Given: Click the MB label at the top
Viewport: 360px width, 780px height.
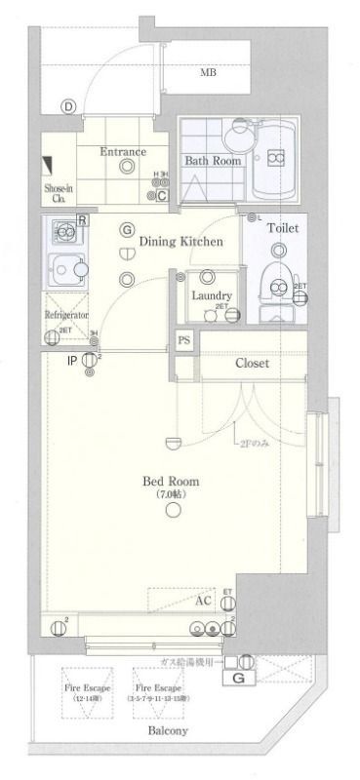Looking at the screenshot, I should coord(209,73).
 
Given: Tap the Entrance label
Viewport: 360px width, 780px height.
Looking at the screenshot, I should coord(123,152).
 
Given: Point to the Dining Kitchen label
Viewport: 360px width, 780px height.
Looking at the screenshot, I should coord(180,241).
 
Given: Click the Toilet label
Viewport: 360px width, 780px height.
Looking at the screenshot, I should coord(283,228).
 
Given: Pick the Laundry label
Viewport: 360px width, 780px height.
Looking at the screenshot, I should coord(211,295).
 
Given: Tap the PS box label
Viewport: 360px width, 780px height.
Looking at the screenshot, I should coord(183,340).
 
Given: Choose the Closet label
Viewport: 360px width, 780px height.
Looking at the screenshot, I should coord(252,364).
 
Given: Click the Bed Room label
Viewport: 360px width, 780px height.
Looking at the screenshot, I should coord(171,482).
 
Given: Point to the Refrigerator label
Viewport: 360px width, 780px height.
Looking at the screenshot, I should coord(66,316).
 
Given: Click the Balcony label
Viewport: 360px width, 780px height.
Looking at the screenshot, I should coord(168,730).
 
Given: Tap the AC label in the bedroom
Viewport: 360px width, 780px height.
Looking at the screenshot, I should coord(204,601).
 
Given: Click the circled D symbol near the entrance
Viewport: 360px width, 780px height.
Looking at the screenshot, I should coord(68,107).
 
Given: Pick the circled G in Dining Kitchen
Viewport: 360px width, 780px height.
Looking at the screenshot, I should coord(127,230).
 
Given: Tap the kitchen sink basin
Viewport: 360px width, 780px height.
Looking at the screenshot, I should coord(66,264).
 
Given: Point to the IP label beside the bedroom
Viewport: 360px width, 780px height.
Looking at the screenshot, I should coord(71,361).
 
